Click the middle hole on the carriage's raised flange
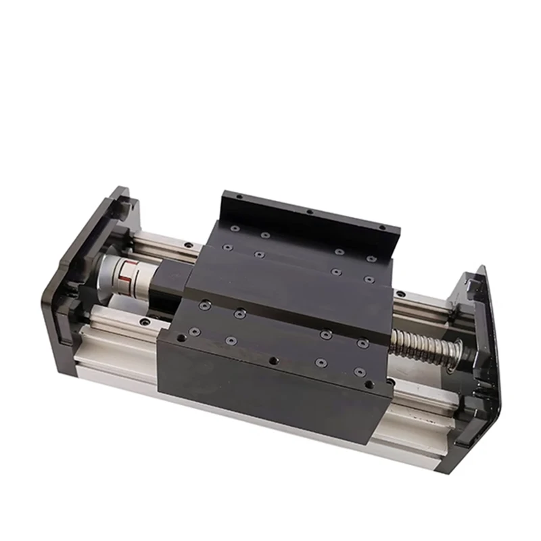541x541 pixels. (310, 212)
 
